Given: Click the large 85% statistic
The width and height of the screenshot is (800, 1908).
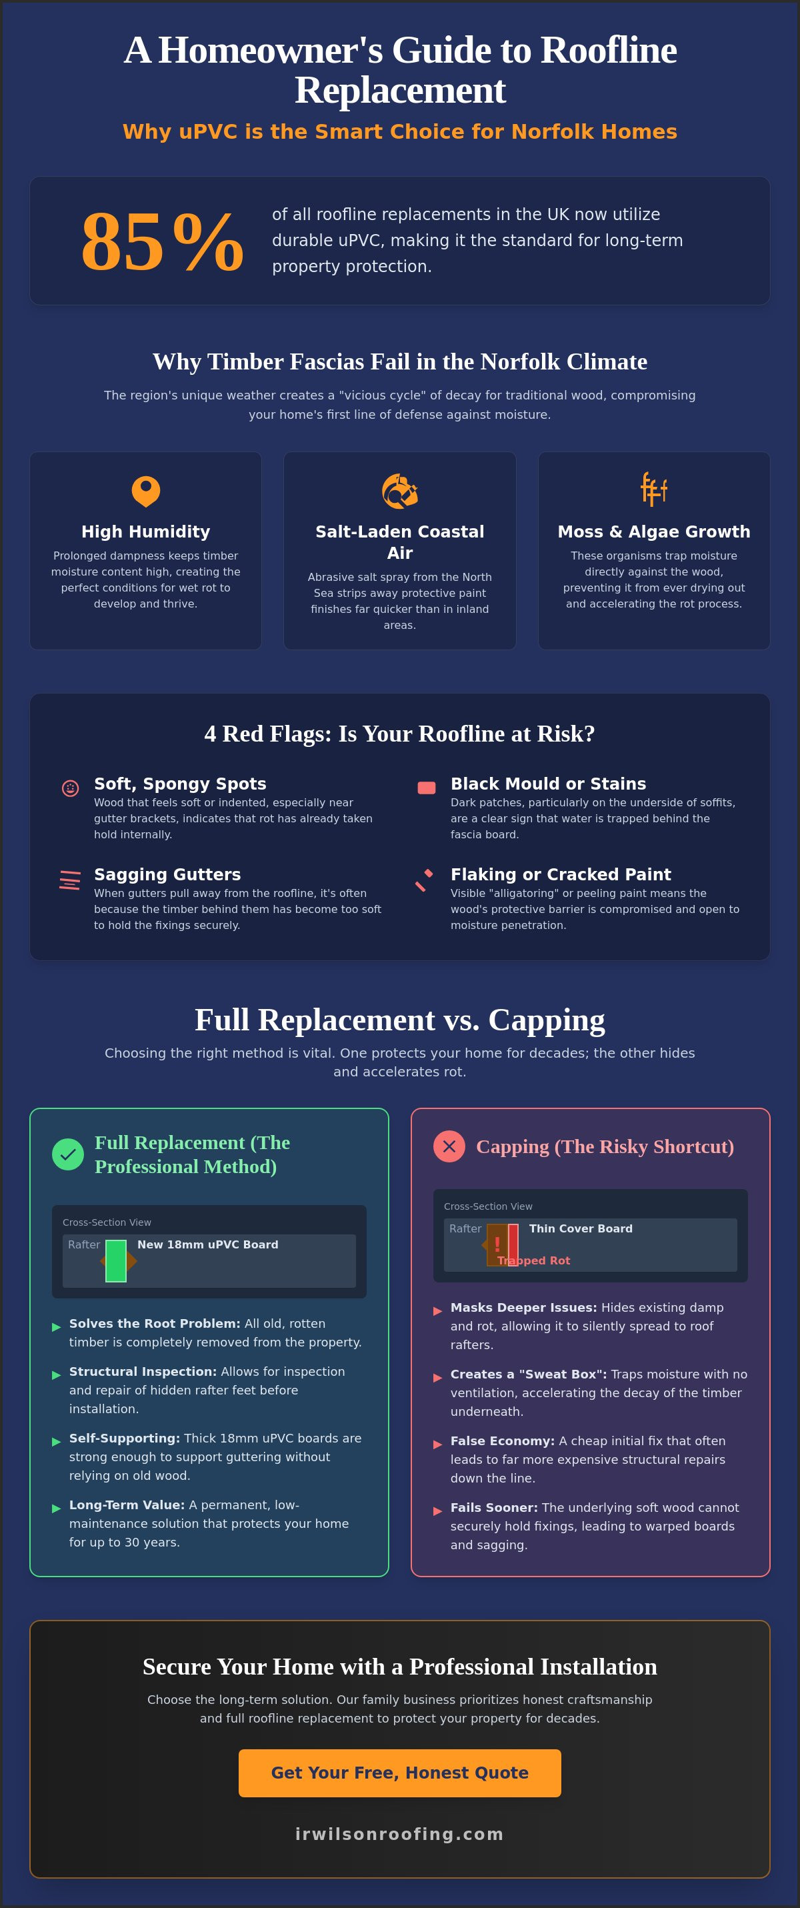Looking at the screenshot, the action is pyautogui.click(x=162, y=241).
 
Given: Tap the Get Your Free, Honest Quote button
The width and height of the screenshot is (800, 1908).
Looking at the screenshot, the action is pyautogui.click(x=399, y=1773).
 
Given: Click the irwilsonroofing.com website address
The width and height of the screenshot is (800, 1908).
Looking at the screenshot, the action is pyautogui.click(x=399, y=1834).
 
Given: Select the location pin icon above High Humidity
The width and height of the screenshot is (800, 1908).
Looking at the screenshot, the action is pyautogui.click(x=146, y=490).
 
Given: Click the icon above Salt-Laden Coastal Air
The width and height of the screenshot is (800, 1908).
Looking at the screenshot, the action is pyautogui.click(x=400, y=490).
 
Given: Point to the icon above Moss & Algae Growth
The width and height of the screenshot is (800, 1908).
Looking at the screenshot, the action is pyautogui.click(x=654, y=490).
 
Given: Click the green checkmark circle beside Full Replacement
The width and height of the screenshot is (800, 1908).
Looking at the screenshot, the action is pyautogui.click(x=68, y=1154).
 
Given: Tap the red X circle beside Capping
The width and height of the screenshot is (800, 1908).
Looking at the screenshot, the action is pyautogui.click(x=449, y=1146).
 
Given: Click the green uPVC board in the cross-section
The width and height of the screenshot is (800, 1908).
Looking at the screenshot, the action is pyautogui.click(x=116, y=1260).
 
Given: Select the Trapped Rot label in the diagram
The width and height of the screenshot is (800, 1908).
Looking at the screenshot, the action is pyautogui.click(x=533, y=1260).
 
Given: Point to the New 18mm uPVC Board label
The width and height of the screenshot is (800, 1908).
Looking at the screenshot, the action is pyautogui.click(x=208, y=1245).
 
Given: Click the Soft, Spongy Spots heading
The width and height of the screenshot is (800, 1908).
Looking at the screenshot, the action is pyautogui.click(x=180, y=784).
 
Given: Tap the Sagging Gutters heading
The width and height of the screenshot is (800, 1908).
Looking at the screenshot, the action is pyautogui.click(x=167, y=875).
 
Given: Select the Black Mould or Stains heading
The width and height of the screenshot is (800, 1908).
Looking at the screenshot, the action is pyautogui.click(x=548, y=784).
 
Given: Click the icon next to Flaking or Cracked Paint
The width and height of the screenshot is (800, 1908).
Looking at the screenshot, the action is pyautogui.click(x=425, y=880).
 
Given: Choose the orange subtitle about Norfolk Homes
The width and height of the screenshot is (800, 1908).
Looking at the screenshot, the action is pyautogui.click(x=400, y=132).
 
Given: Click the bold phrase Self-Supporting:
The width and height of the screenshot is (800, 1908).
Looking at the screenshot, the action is pyautogui.click(x=125, y=1439).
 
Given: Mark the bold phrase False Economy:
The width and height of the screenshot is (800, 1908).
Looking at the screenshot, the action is pyautogui.click(x=502, y=1441).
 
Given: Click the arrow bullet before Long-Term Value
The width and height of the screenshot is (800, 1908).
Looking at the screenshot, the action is pyautogui.click(x=56, y=1508).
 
